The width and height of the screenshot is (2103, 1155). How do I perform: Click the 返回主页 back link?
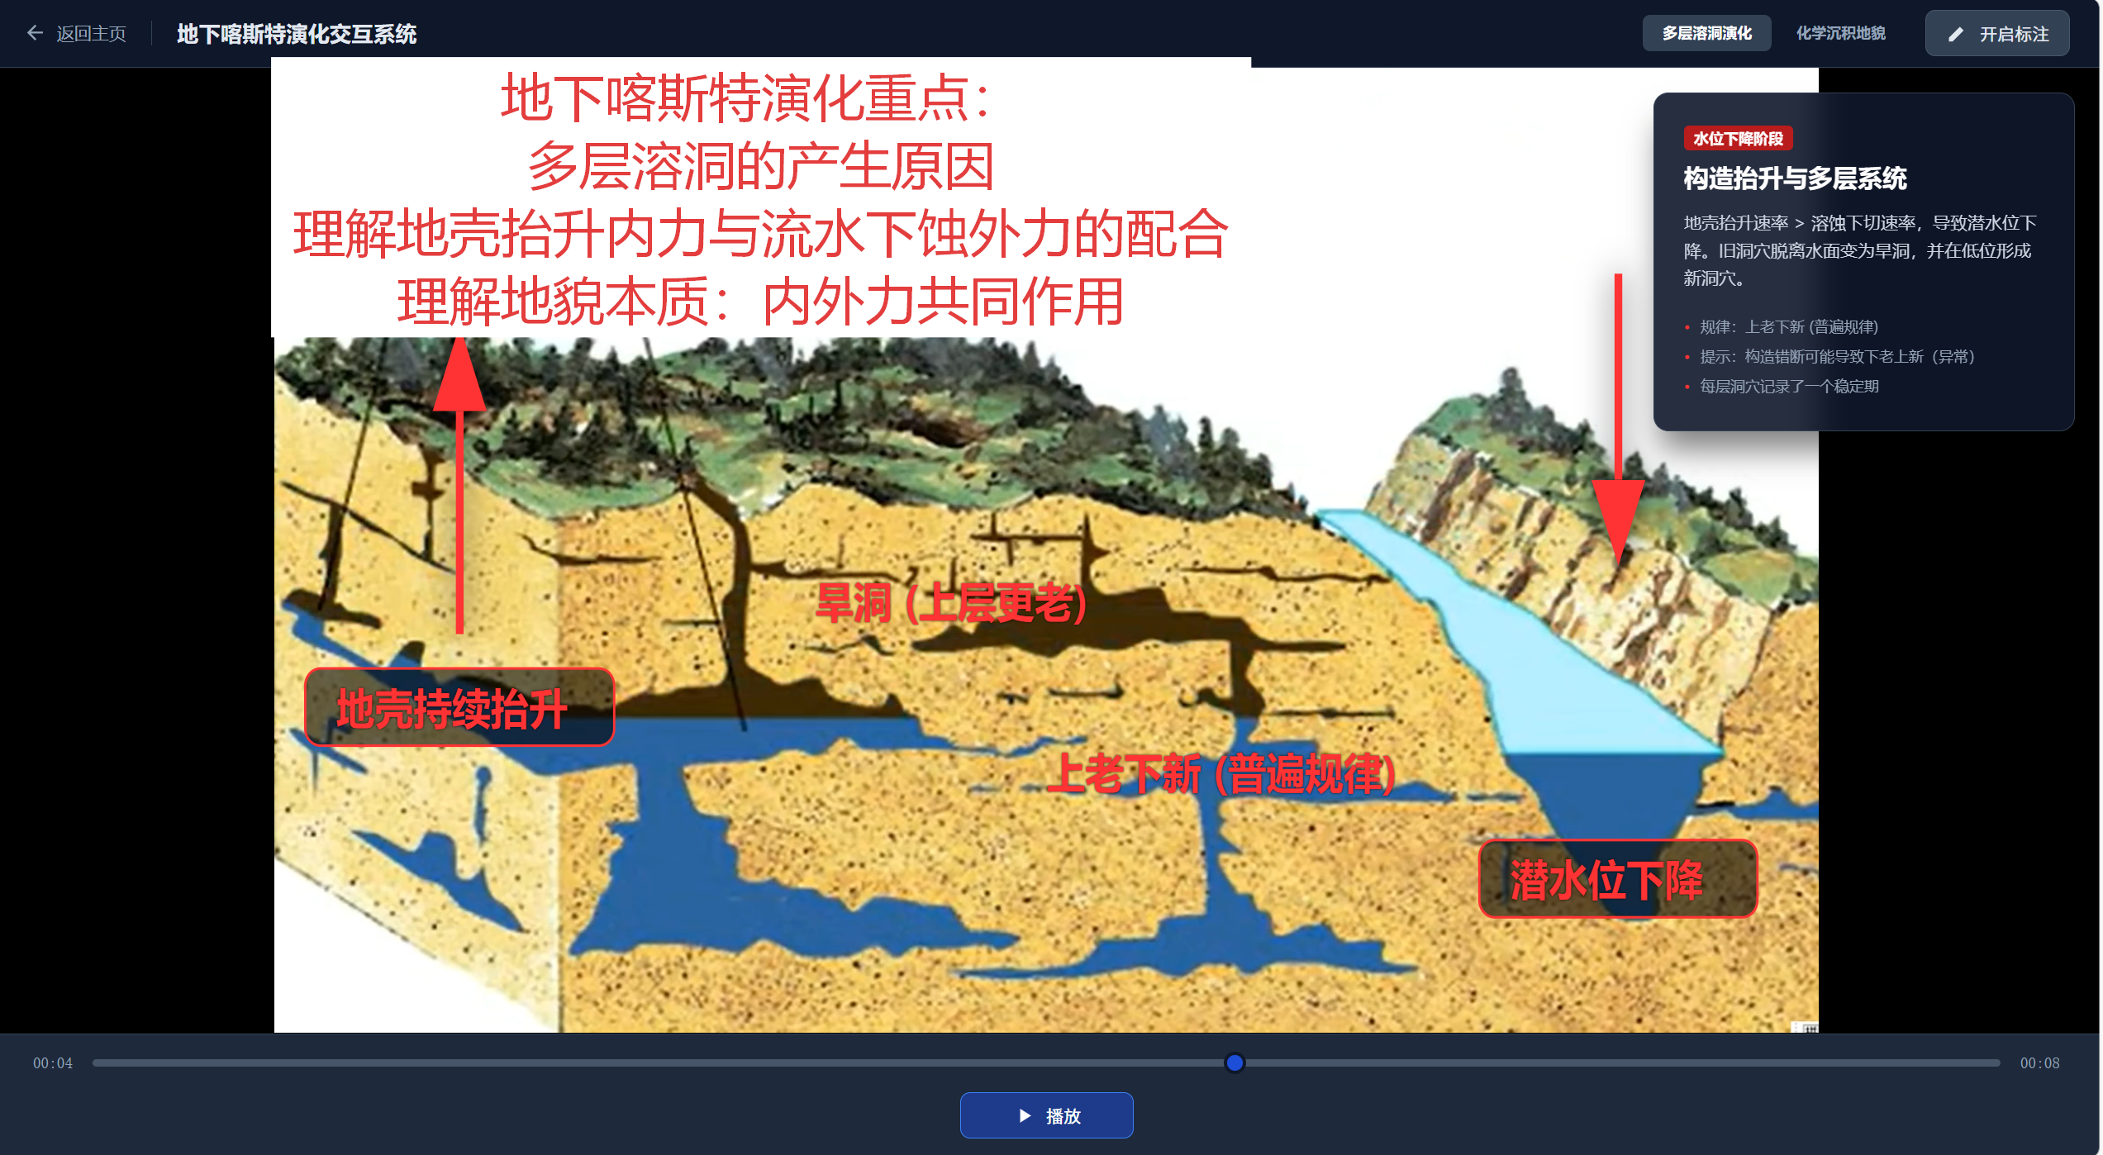point(77,34)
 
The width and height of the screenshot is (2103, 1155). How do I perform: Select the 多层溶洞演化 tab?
point(1706,33)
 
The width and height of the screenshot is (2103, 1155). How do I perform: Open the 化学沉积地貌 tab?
point(1840,33)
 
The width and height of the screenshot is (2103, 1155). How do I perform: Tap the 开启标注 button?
point(1997,34)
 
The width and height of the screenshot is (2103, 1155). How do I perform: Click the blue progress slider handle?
point(1235,1062)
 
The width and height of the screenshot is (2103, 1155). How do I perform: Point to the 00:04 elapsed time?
point(53,1063)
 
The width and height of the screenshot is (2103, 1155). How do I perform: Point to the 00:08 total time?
point(2039,1063)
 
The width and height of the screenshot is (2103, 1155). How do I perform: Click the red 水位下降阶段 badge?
point(1738,139)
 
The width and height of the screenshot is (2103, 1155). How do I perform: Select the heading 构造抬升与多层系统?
point(1795,178)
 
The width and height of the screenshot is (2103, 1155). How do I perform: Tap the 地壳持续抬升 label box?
point(459,707)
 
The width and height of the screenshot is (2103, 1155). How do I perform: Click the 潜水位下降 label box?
point(1617,879)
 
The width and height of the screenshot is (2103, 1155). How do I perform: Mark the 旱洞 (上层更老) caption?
point(950,603)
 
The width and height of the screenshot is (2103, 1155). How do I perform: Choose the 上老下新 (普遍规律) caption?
point(1220,774)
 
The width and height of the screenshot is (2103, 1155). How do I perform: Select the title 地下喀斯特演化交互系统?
point(297,34)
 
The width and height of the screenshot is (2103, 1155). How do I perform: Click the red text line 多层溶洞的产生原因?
point(761,166)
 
